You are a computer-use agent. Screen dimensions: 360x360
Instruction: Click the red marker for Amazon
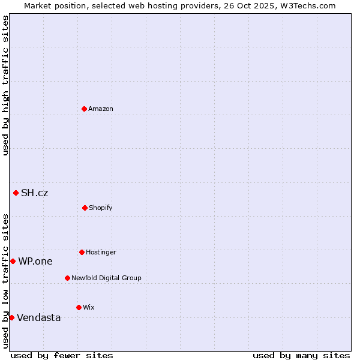click(x=84, y=109)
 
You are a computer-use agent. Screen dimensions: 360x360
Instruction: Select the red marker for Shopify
click(x=85, y=208)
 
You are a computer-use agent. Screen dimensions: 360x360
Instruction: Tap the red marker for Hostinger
click(x=82, y=252)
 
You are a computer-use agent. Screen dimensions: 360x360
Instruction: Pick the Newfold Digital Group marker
click(x=67, y=278)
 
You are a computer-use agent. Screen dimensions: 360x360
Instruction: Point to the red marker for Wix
click(x=79, y=307)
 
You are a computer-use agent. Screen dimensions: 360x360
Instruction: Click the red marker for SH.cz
click(x=16, y=193)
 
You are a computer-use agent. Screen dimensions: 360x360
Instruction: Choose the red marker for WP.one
click(x=13, y=261)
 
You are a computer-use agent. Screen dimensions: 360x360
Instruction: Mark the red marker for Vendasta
click(x=11, y=317)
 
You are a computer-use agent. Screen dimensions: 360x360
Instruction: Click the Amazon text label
click(x=101, y=109)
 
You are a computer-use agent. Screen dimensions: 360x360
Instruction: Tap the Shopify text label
click(x=101, y=208)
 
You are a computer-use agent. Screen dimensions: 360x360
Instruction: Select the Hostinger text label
click(x=101, y=253)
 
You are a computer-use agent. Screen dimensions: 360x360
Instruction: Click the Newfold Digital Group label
click(x=106, y=278)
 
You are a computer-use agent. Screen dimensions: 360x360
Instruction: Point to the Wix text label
click(x=88, y=308)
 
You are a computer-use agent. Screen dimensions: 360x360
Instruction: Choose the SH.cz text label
click(x=34, y=193)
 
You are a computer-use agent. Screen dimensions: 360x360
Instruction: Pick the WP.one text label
click(x=35, y=262)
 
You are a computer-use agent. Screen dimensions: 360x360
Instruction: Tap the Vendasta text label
click(x=38, y=318)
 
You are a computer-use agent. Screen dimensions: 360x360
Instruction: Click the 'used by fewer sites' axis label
click(x=62, y=355)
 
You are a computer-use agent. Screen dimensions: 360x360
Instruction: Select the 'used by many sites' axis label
click(x=301, y=355)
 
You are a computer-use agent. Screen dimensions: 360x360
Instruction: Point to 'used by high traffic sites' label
click(x=5, y=85)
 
